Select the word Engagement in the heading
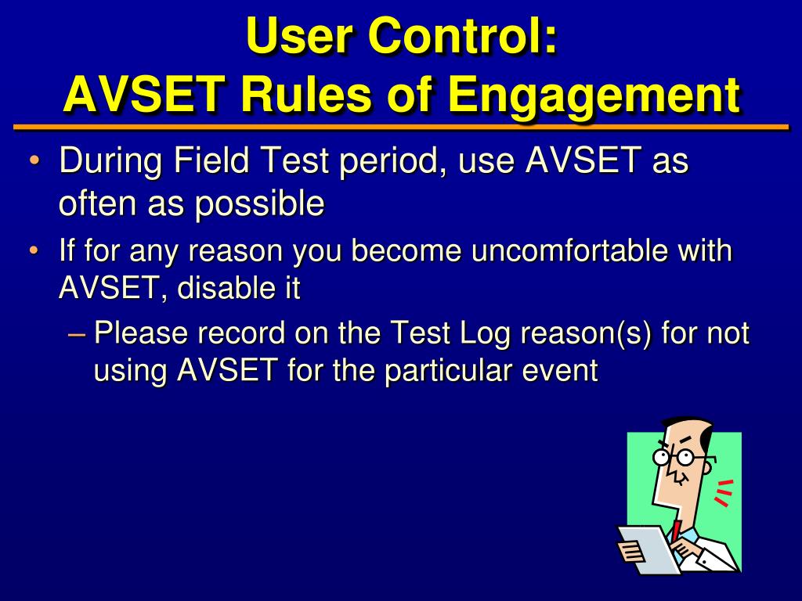(594, 95)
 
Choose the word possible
(259, 204)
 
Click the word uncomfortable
(569, 250)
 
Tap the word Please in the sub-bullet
(141, 333)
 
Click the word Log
(485, 334)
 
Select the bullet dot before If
(34, 251)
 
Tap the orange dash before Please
(76, 335)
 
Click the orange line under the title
(401, 127)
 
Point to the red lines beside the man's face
(723, 493)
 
